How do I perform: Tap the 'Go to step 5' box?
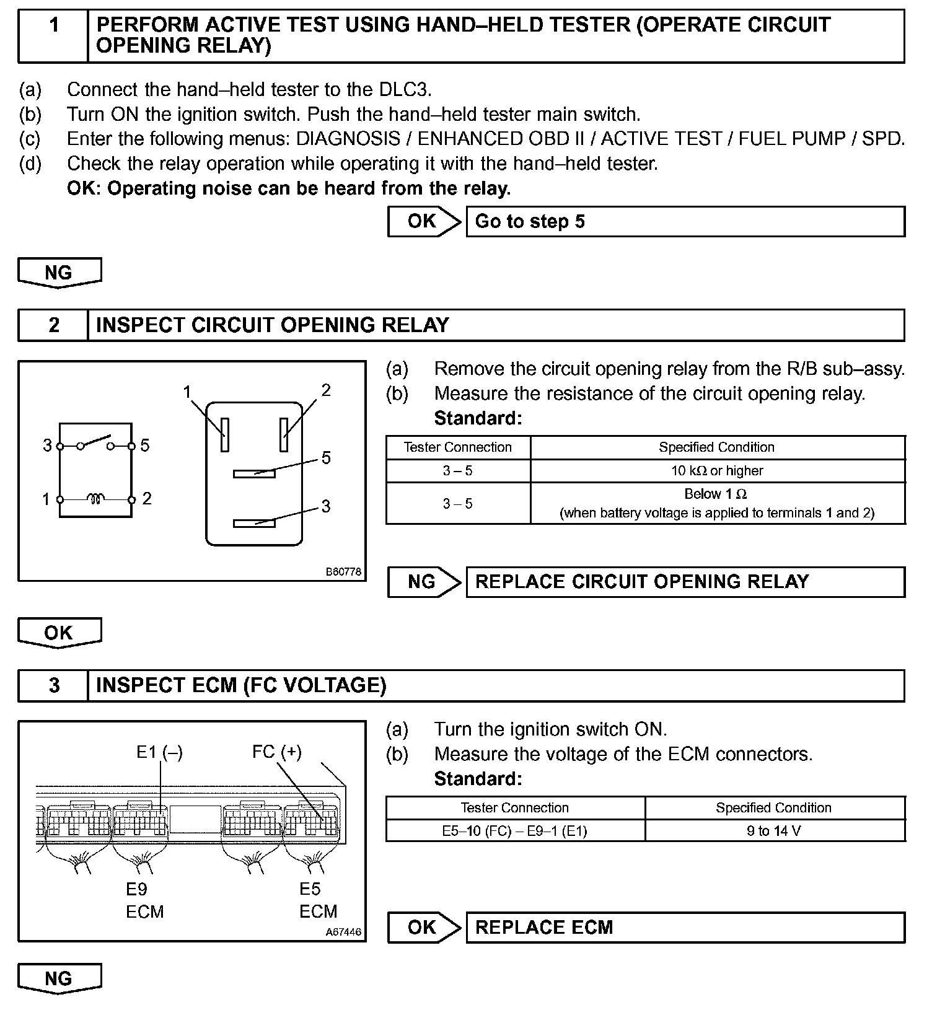pos(685,222)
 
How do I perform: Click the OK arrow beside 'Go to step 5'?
pos(424,222)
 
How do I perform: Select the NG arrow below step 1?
pos(59,273)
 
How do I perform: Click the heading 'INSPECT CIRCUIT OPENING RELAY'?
pos(273,325)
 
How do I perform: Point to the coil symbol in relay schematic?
pos(95,498)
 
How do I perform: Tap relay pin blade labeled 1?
pos(225,434)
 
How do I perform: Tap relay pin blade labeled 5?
pos(254,474)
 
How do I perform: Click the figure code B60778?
pos(343,572)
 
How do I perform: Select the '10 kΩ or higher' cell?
pos(717,471)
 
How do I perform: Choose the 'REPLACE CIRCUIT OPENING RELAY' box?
pos(685,582)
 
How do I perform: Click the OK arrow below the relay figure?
pos(59,633)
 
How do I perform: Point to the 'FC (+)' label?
pos(276,752)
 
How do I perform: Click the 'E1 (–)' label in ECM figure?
pos(159,752)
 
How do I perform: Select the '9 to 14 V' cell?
pos(774,831)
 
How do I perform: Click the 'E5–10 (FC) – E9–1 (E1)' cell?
pos(514,831)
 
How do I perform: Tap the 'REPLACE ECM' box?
pos(685,928)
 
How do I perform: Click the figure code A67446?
pos(343,932)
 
